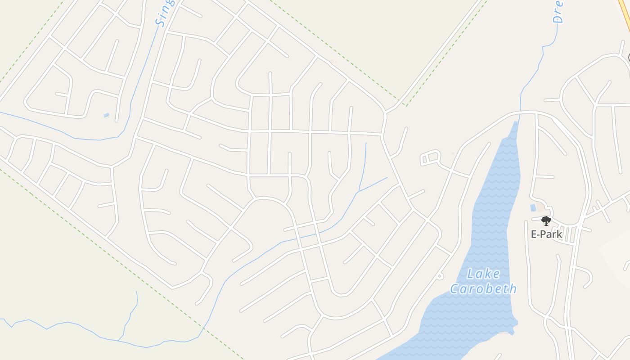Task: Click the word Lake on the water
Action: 484,274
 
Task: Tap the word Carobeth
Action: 483,288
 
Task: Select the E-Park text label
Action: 546,234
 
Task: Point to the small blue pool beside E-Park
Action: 533,207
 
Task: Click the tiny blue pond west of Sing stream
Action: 106,115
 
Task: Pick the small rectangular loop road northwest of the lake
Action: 430,157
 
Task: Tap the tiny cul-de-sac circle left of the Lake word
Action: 440,276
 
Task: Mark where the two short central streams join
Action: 359,192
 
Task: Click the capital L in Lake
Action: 471,274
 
